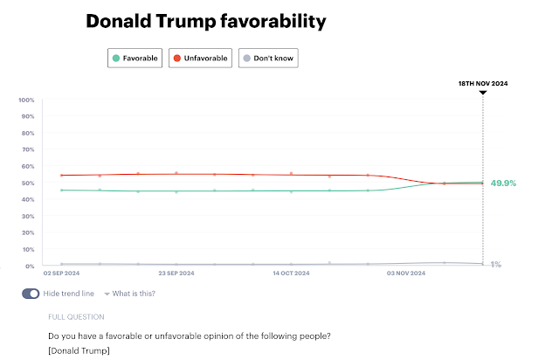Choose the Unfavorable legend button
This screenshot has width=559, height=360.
click(x=200, y=59)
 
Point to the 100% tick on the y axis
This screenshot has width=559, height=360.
click(x=26, y=100)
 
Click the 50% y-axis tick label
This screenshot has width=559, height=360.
click(x=28, y=183)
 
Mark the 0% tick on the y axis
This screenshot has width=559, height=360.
click(x=30, y=266)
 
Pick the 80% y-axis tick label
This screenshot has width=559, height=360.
click(x=28, y=133)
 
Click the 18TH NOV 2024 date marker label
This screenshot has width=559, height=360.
click(x=483, y=83)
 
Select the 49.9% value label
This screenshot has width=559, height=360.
click(x=505, y=183)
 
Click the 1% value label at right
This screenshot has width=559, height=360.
click(x=495, y=264)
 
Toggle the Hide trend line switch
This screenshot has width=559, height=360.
click(x=31, y=294)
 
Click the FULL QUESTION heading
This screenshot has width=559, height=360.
click(x=76, y=316)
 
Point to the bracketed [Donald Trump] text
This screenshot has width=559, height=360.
click(x=79, y=351)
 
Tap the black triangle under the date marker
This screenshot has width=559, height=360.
click(x=483, y=92)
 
